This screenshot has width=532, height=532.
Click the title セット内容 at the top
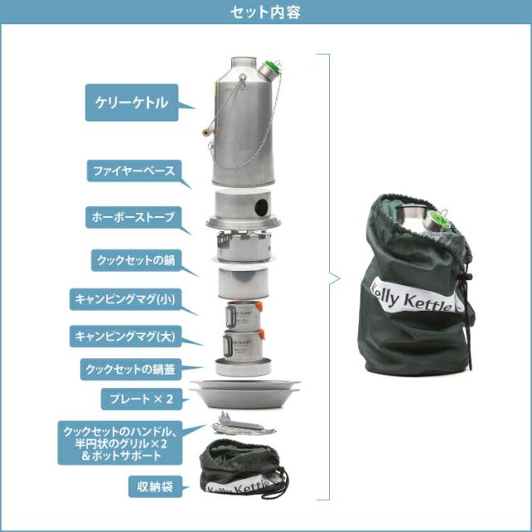pyautogui.click(x=266, y=12)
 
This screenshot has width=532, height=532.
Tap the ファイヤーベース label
pyautogui.click(x=132, y=171)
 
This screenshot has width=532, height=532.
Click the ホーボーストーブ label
pyautogui.click(x=132, y=216)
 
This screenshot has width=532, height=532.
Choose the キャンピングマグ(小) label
pyautogui.click(x=132, y=298)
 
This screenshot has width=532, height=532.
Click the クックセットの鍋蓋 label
pyautogui.click(x=132, y=367)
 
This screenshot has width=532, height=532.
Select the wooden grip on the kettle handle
pyautogui.click(x=204, y=131)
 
